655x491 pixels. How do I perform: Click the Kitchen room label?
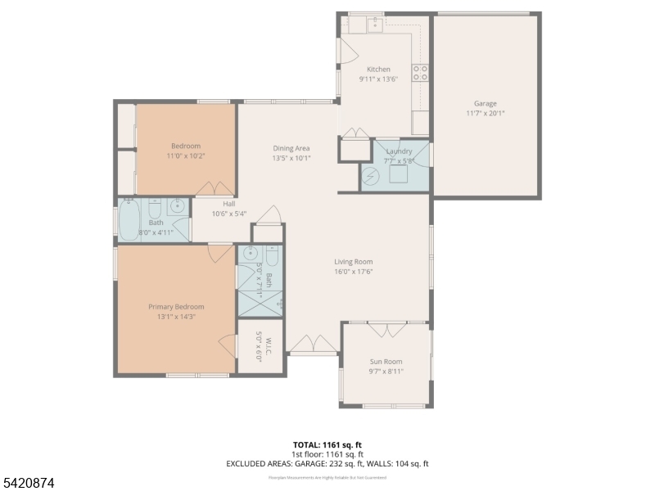coord(378,70)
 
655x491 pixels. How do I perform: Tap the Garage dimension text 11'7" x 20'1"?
coord(485,114)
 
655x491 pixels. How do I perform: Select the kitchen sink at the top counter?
coord(375,25)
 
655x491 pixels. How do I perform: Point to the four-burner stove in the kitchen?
coord(420,73)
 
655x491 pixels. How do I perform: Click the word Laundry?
coord(399,151)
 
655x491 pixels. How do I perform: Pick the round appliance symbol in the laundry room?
coord(372,177)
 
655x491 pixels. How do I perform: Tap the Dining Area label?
coord(291,148)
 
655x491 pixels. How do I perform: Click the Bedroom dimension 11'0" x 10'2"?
coord(185,155)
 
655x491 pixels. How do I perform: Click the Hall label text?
coord(229,205)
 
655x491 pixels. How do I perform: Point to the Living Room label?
coord(354,262)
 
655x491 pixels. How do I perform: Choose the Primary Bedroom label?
coord(176,307)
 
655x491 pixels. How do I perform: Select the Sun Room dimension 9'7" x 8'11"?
coord(386,371)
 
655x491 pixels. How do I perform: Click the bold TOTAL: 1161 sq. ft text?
coord(327,444)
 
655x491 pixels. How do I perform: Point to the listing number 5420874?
coord(28,484)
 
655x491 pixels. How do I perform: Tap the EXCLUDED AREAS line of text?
coord(327,463)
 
